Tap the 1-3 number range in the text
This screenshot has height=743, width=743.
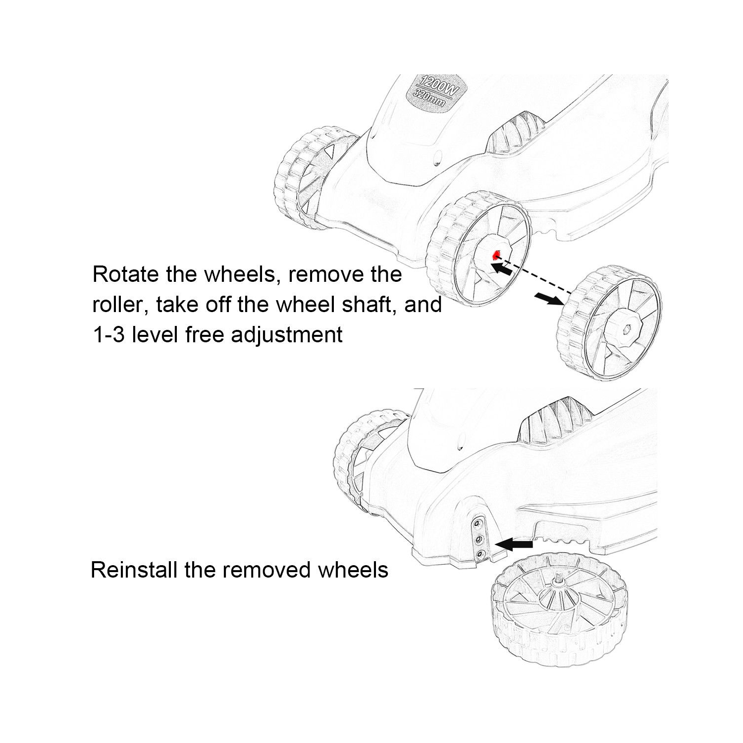108,334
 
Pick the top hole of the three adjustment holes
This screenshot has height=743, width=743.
479,523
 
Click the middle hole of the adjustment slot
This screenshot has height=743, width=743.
478,538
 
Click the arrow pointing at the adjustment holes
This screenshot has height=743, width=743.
513,545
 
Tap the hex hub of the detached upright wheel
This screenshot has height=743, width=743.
626,329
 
